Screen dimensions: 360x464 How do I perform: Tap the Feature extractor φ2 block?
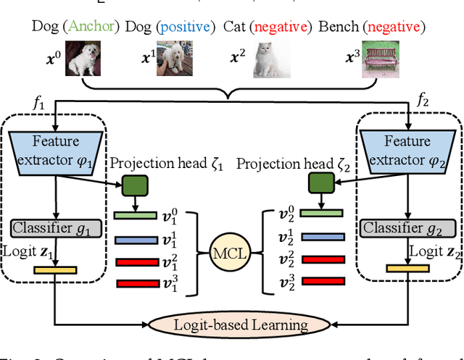coord(407,149)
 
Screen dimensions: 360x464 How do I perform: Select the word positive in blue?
coord(187,27)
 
